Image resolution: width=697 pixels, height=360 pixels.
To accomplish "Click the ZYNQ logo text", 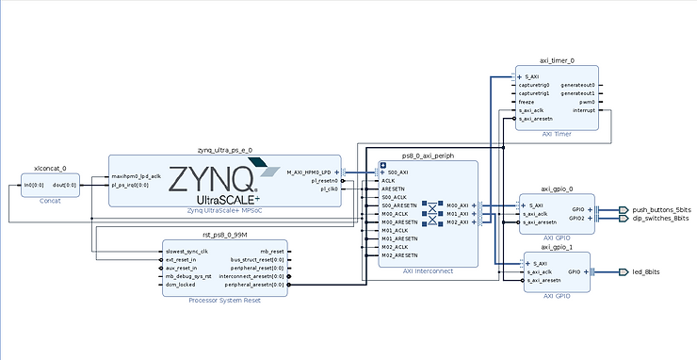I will click(x=210, y=178).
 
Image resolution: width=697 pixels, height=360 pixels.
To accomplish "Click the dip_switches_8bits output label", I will click(x=661, y=218).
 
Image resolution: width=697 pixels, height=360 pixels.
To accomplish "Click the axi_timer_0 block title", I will click(x=556, y=60).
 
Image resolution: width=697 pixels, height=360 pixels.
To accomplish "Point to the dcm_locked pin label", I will click(x=182, y=284).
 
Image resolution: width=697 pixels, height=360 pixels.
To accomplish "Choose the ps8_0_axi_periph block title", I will click(x=428, y=155).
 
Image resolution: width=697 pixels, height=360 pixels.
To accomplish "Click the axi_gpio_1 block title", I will click(x=557, y=247).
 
